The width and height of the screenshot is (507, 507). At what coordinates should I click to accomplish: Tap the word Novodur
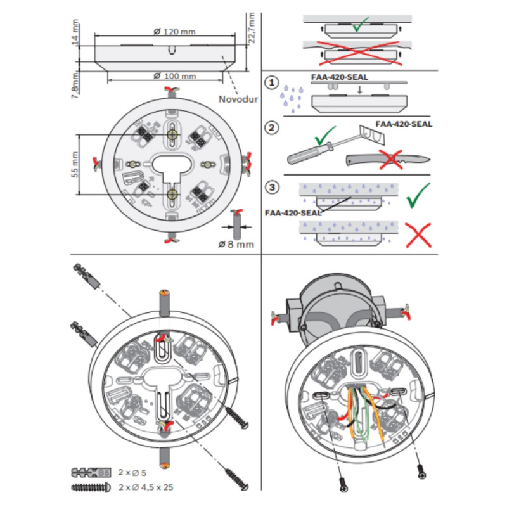(x=235, y=99)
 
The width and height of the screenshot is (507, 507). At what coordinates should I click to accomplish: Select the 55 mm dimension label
(x=75, y=164)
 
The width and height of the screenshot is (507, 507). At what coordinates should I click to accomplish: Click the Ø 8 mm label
(x=236, y=243)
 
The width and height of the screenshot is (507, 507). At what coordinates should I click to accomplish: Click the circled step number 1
(x=272, y=83)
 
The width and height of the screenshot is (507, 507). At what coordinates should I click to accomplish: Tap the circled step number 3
(x=272, y=187)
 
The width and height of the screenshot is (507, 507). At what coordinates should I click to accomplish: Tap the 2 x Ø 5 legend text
(x=133, y=473)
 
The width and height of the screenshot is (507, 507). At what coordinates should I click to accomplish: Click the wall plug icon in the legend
(x=93, y=473)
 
